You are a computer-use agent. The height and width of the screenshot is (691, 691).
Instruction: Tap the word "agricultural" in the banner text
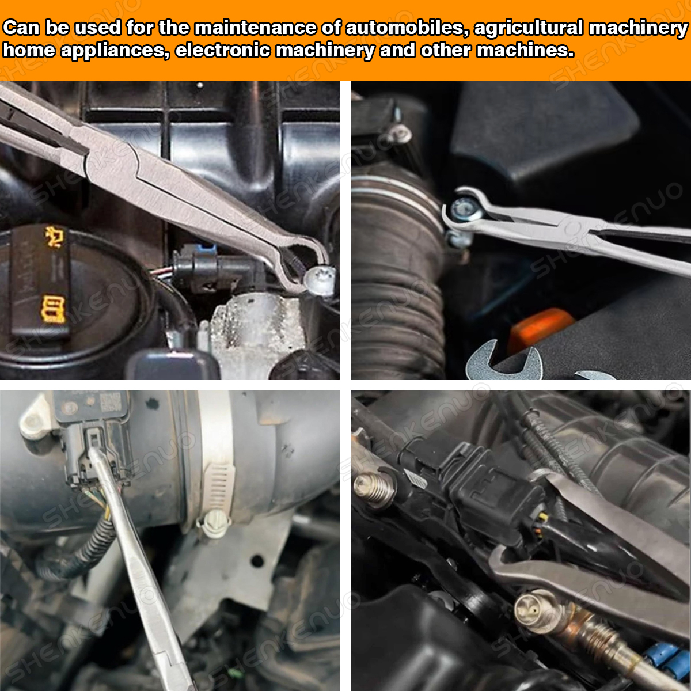(529, 29)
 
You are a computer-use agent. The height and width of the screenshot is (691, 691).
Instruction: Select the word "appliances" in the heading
(115, 51)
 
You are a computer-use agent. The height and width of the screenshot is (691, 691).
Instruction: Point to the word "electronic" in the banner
(223, 50)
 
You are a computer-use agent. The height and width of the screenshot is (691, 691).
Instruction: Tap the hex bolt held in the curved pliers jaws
(465, 209)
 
